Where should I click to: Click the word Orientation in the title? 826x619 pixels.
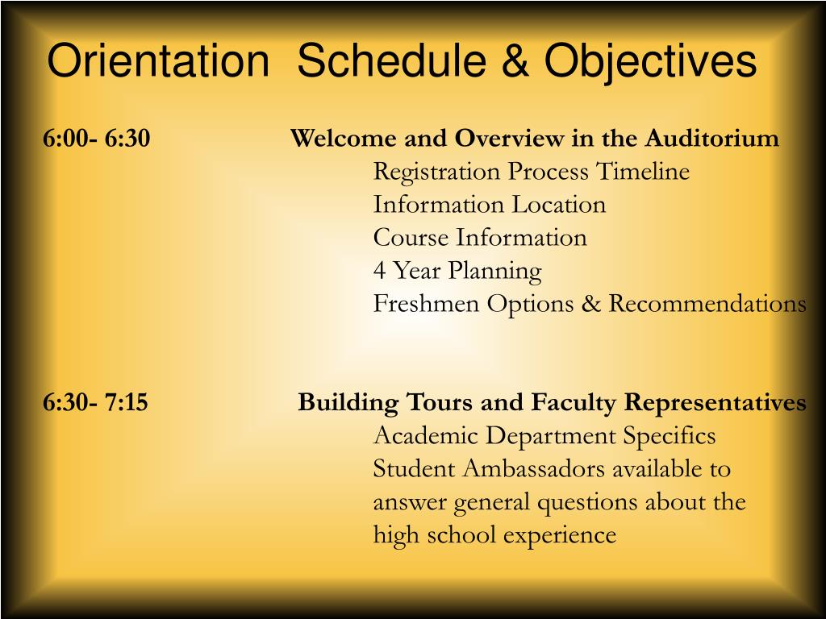(x=157, y=61)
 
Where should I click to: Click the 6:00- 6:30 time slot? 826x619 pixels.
(x=97, y=139)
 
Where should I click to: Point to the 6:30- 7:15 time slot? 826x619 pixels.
(x=96, y=402)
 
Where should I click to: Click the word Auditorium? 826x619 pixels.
(x=711, y=139)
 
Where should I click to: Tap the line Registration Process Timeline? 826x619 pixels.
(x=531, y=172)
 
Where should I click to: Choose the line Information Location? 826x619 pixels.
(x=489, y=205)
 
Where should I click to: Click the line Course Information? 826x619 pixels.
(x=479, y=238)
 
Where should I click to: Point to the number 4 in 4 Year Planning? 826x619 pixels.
(x=379, y=271)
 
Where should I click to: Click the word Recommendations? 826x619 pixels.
(x=707, y=304)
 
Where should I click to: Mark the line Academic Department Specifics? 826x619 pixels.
(x=544, y=436)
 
